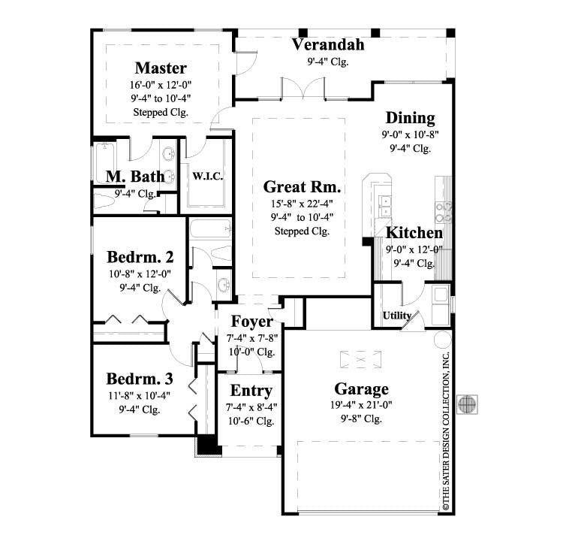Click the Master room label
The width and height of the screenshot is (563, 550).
click(161, 68)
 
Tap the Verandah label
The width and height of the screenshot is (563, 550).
click(328, 44)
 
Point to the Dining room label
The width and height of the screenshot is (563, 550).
click(410, 118)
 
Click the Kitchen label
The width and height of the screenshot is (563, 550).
click(414, 232)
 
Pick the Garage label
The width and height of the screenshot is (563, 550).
click(361, 388)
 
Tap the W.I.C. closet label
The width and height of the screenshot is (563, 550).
click(206, 177)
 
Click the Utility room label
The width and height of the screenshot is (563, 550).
click(397, 316)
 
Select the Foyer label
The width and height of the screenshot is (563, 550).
click(251, 322)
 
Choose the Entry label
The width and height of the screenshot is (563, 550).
click(251, 391)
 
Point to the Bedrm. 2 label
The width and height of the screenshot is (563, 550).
click(141, 257)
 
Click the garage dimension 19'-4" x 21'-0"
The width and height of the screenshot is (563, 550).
click(361, 405)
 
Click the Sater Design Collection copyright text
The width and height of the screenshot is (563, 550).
click(445, 432)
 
